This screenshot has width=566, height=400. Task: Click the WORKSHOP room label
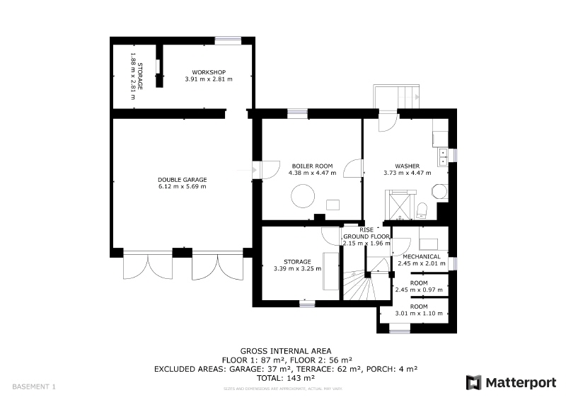click(209, 72)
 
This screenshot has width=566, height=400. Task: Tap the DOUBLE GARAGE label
click(183, 180)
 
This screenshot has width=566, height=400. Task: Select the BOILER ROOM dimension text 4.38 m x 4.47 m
click(312, 173)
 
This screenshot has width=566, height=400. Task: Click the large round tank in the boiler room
click(303, 196)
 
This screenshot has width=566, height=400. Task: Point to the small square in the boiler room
click(333, 205)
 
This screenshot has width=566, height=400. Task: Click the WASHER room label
click(408, 166)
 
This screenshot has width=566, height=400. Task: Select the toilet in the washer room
click(422, 210)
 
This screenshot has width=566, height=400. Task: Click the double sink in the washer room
click(443, 157)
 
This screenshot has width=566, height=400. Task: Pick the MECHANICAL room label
click(422, 256)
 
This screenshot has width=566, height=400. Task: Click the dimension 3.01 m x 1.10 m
click(419, 314)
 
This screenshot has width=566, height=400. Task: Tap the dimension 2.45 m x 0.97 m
click(419, 290)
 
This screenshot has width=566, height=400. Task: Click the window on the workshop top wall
click(228, 40)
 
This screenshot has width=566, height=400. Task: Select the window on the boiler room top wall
click(297, 113)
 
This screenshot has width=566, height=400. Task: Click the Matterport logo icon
click(473, 383)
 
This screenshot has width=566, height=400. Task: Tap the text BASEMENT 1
click(34, 387)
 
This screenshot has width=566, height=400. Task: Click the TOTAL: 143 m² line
click(286, 378)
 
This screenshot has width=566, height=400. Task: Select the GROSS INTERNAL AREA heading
click(286, 351)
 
